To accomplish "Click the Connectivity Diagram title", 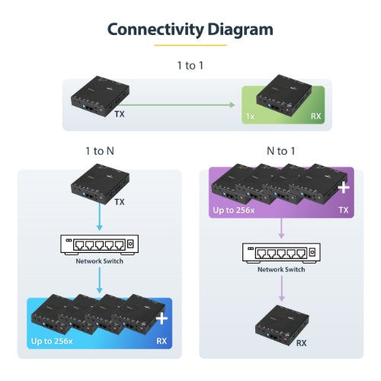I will (190, 30).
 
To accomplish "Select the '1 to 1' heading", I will (190, 65).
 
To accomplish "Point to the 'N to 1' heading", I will (281, 151).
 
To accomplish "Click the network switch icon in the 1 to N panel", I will (99, 245).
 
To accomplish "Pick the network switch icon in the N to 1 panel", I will (281, 252).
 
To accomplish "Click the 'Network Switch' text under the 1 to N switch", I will (99, 261).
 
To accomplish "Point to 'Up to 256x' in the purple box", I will (234, 208).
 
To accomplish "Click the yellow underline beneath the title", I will (190, 45).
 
